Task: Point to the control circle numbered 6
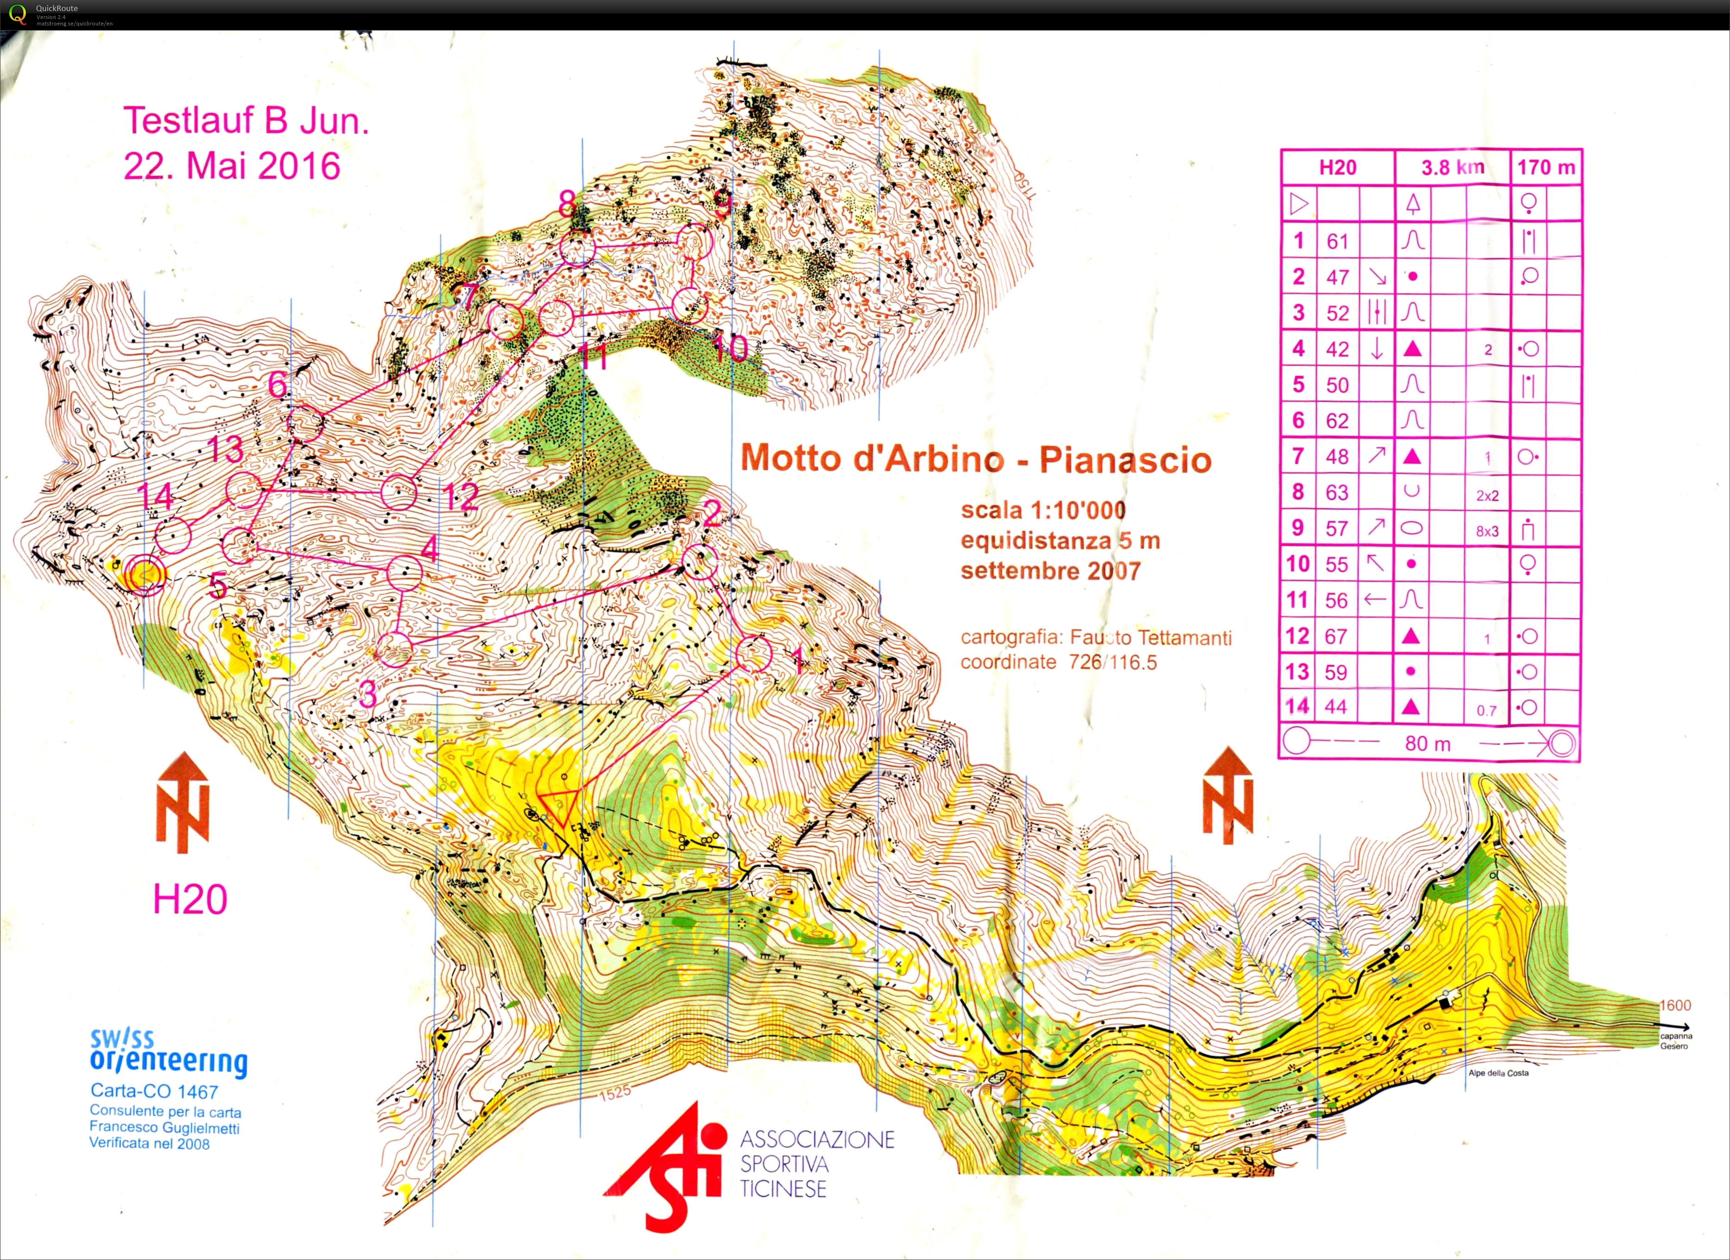coord(307,422)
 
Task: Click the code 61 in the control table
coord(1337,242)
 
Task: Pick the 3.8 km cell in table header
coord(1452,167)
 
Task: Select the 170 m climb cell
coord(1546,167)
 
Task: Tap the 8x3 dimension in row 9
coord(1487,531)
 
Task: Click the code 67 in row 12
coord(1336,636)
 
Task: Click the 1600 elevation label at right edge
coord(1675,1005)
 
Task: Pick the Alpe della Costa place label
coord(1498,1073)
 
